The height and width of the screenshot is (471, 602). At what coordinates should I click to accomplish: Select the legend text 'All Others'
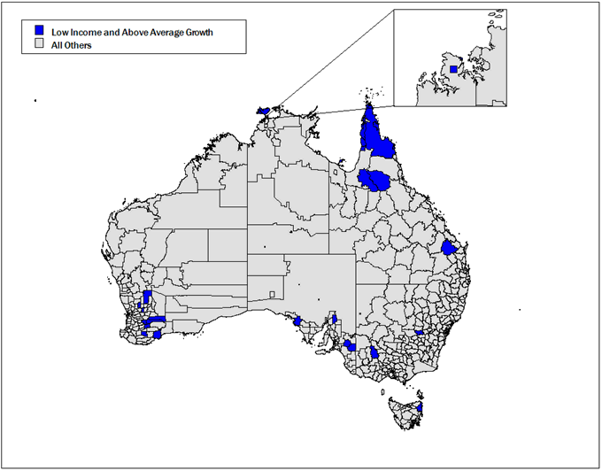72,45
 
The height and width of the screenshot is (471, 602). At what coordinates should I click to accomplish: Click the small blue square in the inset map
453,68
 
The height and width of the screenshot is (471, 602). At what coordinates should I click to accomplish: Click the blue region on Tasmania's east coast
421,409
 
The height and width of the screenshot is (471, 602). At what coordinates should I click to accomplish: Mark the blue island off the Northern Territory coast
262,112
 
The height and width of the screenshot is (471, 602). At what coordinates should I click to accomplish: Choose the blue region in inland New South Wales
418,333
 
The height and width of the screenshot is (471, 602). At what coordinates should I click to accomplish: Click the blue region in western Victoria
374,352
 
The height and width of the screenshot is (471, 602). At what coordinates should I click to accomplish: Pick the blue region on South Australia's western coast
298,321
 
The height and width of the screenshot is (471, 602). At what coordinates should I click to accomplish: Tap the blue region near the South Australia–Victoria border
351,345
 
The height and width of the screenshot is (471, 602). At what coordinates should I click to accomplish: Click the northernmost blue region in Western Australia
147,297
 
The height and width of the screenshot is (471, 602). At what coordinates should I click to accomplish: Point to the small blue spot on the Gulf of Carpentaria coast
341,161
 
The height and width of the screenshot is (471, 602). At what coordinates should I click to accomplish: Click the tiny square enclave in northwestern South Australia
273,294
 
